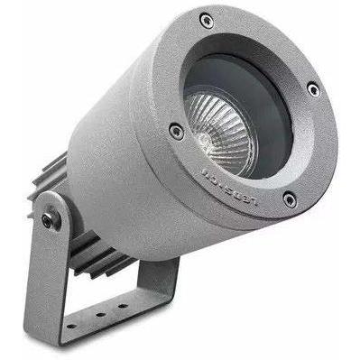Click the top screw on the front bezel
[207, 20]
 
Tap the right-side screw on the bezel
[313, 89]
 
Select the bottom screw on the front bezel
[289, 199]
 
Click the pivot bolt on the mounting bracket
[47, 217]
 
